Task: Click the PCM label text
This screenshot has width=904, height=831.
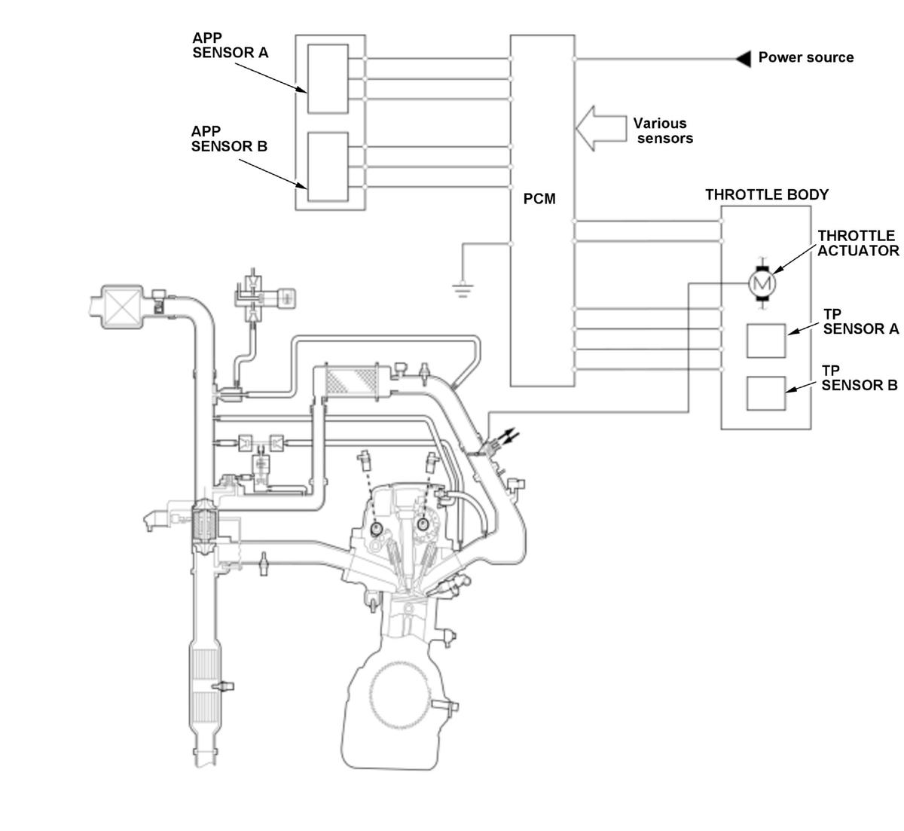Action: [x=539, y=199]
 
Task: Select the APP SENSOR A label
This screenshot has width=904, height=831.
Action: [x=230, y=45]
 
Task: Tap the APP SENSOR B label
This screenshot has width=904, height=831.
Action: [x=229, y=139]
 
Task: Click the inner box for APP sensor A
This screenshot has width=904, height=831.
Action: [x=328, y=78]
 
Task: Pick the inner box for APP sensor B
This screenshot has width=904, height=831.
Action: [x=328, y=167]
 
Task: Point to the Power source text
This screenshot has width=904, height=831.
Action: [x=806, y=57]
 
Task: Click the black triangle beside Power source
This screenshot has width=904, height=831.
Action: [x=744, y=59]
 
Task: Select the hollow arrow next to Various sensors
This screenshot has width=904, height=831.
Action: [x=600, y=129]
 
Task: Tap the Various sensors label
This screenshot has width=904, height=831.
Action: [x=662, y=131]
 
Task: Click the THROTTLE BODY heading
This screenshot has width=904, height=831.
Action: [x=767, y=194]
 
